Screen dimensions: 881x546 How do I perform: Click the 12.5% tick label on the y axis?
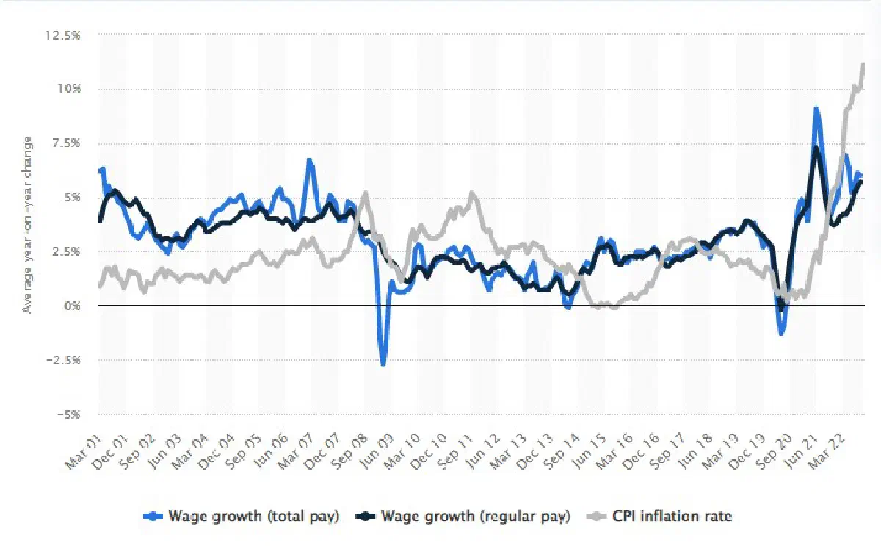(62, 35)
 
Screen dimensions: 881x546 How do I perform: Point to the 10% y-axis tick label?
(69, 88)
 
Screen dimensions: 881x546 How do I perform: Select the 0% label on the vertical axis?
(72, 306)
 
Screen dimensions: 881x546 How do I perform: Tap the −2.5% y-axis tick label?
(63, 360)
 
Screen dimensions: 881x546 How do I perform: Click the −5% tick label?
(68, 414)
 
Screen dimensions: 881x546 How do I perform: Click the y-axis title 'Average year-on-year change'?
(27, 225)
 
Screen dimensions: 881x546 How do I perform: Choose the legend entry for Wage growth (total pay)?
(241, 516)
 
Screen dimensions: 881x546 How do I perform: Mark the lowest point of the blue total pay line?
(383, 364)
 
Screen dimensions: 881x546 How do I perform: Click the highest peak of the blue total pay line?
(816, 109)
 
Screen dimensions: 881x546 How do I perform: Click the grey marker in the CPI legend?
(596, 517)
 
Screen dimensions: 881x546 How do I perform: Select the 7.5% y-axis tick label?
(66, 143)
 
